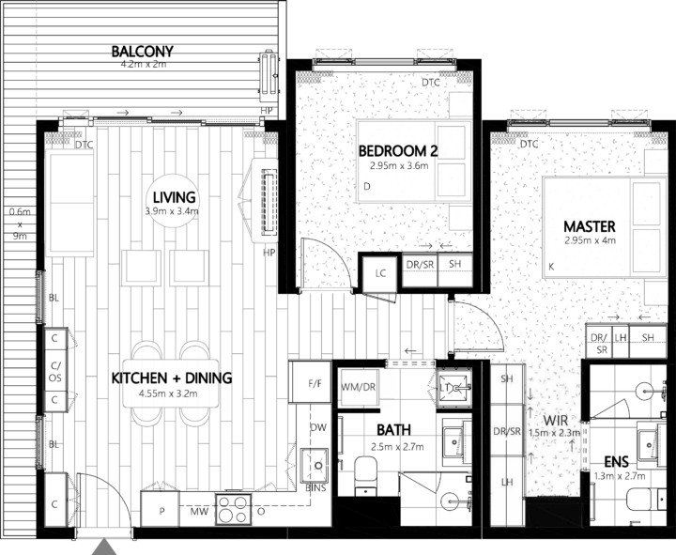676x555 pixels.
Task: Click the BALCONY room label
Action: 142,51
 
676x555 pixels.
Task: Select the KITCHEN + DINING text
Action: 172,378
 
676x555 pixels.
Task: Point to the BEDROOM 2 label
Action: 398,150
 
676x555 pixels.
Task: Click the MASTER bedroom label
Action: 589,226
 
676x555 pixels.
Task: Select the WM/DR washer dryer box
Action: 359,385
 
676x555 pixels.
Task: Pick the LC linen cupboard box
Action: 381,273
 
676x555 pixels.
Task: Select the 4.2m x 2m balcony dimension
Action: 142,66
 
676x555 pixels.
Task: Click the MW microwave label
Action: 200,512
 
